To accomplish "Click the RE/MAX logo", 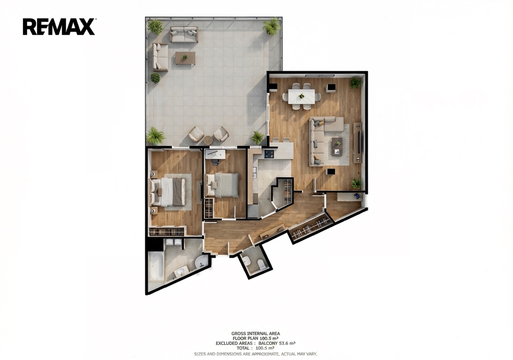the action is (59, 27).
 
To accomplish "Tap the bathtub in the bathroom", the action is (156, 266).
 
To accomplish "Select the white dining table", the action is (301, 96).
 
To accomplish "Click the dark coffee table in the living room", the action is (337, 146).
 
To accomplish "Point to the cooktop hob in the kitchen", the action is (269, 153).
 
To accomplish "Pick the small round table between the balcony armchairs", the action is (208, 140).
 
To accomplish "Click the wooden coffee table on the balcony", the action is (185, 58).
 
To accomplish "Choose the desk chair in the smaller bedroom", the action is (215, 161).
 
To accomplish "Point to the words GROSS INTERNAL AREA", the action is (255, 333).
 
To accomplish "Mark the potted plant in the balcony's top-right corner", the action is (272, 26).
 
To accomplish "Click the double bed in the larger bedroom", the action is (168, 192).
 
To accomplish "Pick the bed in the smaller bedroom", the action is (222, 185).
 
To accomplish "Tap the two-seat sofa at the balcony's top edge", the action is (184, 35).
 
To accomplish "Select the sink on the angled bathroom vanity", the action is (180, 272).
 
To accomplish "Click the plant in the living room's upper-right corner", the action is (356, 83).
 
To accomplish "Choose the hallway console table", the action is (272, 231).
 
